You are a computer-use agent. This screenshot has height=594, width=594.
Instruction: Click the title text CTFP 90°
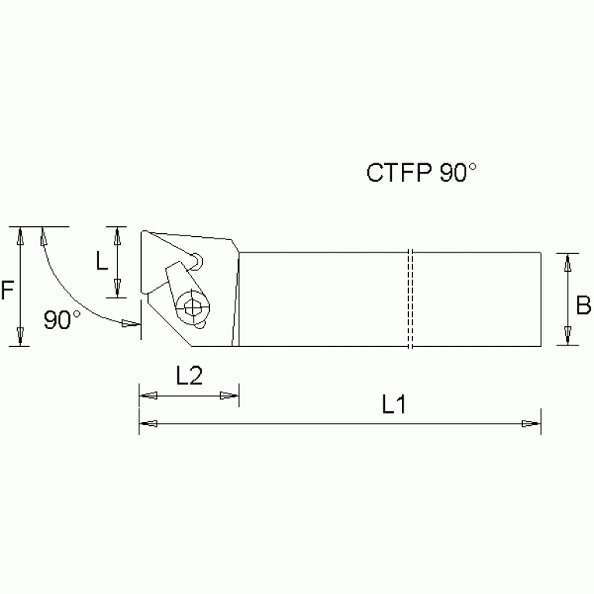417,173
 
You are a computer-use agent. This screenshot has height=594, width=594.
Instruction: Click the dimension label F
7,291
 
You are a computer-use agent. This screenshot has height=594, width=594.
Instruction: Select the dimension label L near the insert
102,262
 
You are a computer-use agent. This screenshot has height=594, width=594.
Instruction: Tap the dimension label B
583,307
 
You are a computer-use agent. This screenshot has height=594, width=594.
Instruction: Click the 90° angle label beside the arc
62,320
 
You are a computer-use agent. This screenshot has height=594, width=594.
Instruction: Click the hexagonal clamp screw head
192,307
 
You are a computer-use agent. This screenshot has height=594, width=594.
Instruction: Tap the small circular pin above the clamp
198,260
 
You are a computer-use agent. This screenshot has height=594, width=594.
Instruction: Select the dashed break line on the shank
411,298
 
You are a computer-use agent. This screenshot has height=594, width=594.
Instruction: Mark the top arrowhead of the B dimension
568,262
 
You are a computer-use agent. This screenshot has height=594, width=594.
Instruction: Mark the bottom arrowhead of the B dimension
568,337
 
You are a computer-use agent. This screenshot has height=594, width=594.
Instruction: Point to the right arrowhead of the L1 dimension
530,424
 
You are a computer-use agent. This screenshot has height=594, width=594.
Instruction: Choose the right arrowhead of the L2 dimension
228,397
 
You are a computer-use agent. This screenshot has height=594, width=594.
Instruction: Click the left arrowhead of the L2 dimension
149,397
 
